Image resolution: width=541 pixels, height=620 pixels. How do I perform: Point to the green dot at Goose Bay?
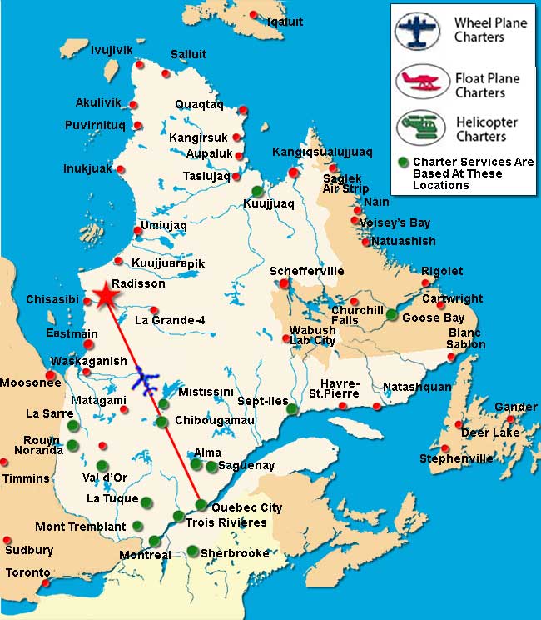(392, 314)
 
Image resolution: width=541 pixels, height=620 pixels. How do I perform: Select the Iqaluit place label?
(285, 22)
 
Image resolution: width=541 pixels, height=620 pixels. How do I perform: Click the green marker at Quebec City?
(201, 504)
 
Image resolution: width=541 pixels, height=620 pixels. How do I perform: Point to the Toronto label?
(27, 572)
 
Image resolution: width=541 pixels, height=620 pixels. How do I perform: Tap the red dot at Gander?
(510, 418)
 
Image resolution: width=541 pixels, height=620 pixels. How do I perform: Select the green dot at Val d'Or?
(102, 466)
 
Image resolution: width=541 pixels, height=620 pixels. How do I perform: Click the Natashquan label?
(416, 387)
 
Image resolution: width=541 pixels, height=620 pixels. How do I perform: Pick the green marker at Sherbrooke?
(192, 551)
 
